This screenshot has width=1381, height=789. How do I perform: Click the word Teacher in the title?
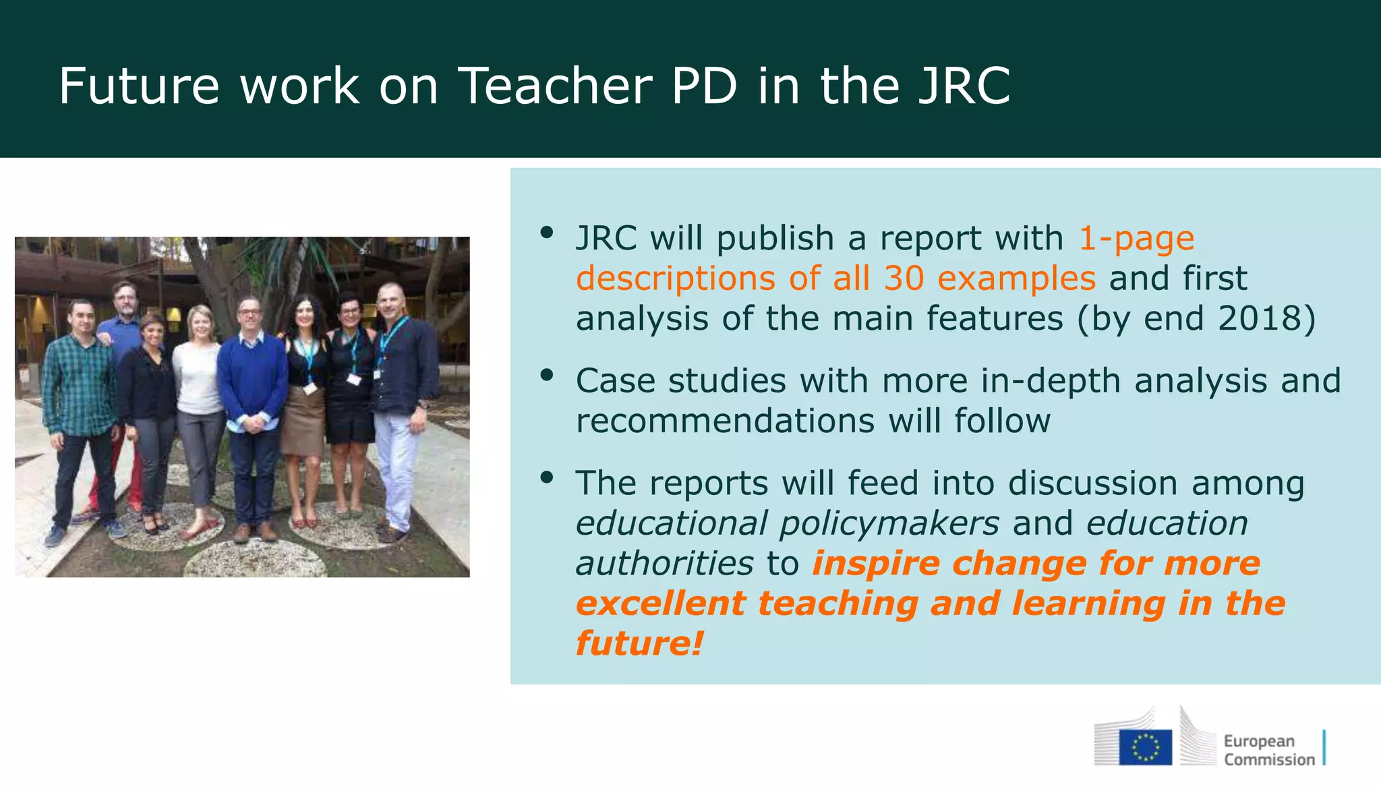[x=555, y=86]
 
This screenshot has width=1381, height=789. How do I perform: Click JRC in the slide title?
[x=964, y=86]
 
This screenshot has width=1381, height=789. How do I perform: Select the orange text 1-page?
[x=1136, y=238]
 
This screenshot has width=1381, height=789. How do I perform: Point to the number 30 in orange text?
[x=903, y=278]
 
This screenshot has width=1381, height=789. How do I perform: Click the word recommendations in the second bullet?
[x=725, y=421]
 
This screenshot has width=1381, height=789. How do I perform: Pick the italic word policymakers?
[x=889, y=523]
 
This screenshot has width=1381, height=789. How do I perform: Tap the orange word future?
[x=639, y=643]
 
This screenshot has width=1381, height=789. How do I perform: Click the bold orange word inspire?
[x=875, y=563]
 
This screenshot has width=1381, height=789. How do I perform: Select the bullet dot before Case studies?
[x=546, y=375]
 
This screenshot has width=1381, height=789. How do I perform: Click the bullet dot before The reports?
[x=546, y=478]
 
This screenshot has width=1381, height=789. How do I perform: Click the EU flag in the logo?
[x=1145, y=747]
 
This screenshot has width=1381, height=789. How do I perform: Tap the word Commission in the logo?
[x=1269, y=760]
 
